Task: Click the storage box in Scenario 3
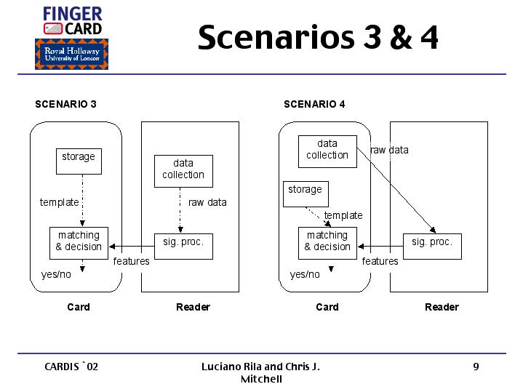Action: (79, 161)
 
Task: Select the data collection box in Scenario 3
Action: (183, 170)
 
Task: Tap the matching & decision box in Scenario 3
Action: (79, 241)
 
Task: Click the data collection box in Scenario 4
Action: (327, 151)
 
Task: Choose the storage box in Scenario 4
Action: (305, 193)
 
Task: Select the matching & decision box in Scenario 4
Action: (327, 241)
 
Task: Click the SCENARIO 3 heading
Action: (66, 104)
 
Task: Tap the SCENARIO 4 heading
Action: (315, 104)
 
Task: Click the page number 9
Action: (476, 367)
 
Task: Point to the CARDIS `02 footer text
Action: (71, 367)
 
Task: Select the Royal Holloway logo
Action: (71, 55)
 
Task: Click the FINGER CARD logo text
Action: (73, 20)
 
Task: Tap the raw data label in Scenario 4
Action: (389, 151)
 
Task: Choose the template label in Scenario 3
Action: (59, 202)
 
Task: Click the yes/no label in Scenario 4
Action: (305, 274)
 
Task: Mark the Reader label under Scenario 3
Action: (193, 307)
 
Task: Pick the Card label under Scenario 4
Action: (327, 307)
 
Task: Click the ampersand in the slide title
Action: (399, 38)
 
